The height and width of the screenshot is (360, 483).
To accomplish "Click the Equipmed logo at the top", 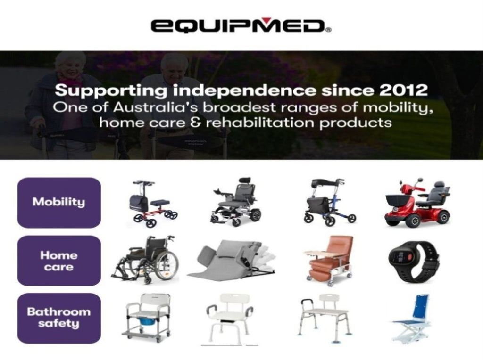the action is pos(241,26).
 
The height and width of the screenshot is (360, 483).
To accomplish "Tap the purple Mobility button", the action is pos(59,203).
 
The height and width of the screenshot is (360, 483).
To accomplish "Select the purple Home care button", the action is pos(59,261).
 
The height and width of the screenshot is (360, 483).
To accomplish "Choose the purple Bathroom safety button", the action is pos(59,318).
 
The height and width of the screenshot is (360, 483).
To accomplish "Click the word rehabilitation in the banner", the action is pos(260,123).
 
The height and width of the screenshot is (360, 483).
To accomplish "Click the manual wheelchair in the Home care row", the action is pos(145,260).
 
